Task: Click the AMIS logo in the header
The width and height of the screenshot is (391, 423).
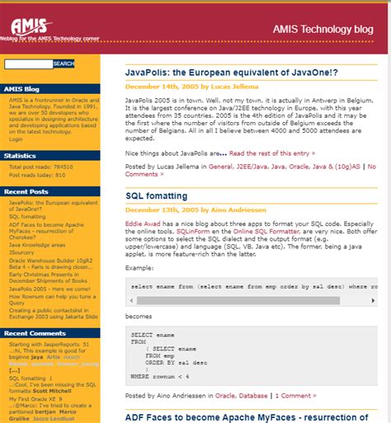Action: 32,29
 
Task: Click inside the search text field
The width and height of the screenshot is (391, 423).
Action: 28,63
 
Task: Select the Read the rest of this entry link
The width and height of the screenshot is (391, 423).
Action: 271,153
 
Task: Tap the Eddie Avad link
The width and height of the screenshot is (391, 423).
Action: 143,224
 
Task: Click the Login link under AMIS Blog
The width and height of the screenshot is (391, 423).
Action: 16,139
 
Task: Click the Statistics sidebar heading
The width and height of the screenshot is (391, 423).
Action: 20,155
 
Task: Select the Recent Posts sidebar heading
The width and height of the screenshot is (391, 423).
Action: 26,191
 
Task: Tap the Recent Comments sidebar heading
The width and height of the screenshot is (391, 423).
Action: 34,332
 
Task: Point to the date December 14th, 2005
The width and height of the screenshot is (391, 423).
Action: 163,86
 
